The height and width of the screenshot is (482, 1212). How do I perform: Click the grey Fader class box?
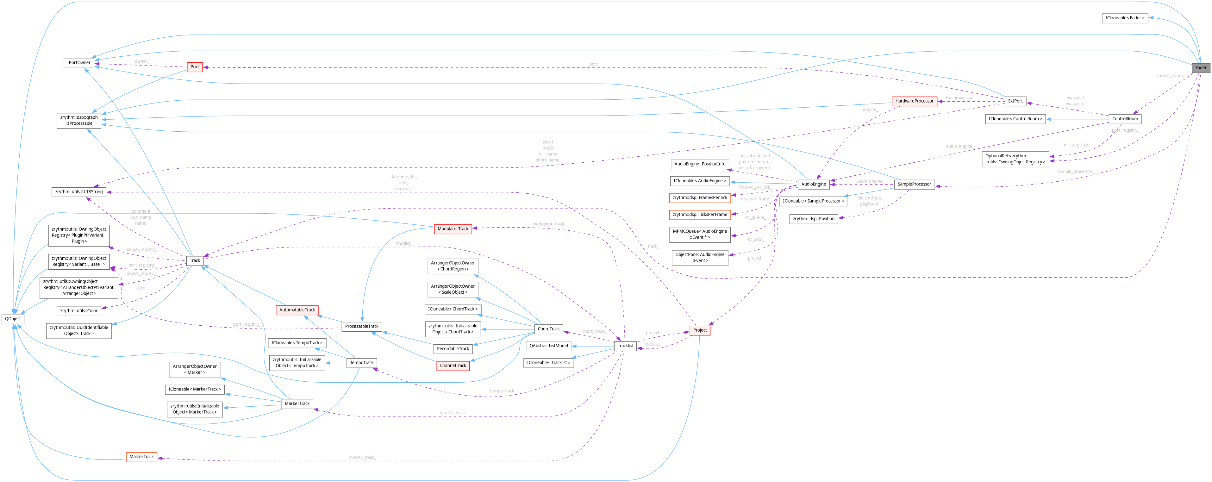tap(1200, 67)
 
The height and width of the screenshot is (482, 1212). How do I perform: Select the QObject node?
tap(13, 319)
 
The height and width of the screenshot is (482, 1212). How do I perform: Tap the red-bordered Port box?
tap(195, 67)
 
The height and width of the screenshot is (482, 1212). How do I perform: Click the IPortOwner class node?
tap(78, 63)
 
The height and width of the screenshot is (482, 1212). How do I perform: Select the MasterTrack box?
tap(142, 457)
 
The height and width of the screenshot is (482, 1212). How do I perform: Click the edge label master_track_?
tap(362, 458)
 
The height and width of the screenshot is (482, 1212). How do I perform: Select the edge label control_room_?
tap(1170, 76)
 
